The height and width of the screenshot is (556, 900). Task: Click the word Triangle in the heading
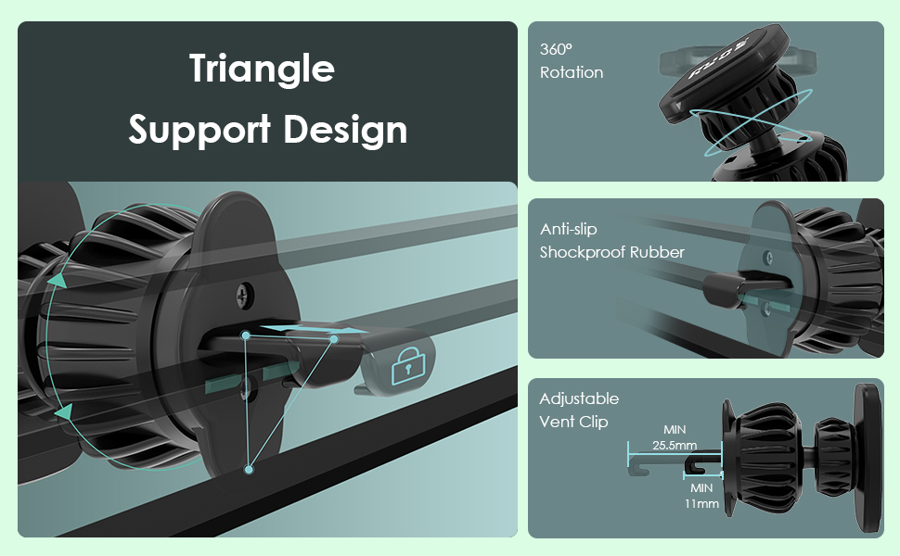pos(262,69)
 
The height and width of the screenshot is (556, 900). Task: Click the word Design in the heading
pos(345,130)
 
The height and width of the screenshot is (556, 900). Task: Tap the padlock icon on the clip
pos(408,365)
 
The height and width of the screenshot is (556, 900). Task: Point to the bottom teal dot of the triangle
pos(249,470)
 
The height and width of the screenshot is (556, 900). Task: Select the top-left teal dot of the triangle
pos(246,335)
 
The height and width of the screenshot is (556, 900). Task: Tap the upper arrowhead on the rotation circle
pos(58,280)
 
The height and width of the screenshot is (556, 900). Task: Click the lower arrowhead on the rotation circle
pos(64,412)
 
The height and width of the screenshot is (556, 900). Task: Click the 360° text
pos(556,49)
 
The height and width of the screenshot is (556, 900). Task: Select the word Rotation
pos(572,73)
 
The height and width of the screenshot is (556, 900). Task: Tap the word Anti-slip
pos(568,229)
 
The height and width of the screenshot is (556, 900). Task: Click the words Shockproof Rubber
pos(611,252)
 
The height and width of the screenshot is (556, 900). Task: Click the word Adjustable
pos(579,399)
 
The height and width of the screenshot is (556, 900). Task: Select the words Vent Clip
pos(573,422)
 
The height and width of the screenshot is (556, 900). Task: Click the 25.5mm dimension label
pos(675,445)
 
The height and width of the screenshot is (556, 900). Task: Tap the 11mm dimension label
pos(701,504)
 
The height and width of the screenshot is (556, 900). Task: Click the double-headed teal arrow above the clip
pos(306,329)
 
